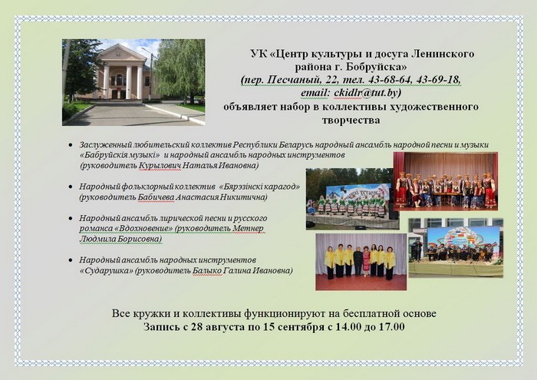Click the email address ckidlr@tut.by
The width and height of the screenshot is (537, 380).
367,93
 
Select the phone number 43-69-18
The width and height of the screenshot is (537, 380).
438,80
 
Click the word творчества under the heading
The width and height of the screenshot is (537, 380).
351,121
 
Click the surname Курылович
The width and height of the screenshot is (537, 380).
160,166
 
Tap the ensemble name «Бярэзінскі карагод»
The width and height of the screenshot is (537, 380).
259,187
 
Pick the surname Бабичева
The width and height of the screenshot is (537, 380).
156,198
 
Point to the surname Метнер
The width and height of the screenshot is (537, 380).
249,229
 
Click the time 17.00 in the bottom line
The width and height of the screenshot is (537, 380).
391,326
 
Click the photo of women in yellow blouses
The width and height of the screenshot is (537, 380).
361,262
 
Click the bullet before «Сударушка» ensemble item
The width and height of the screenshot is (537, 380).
71,260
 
